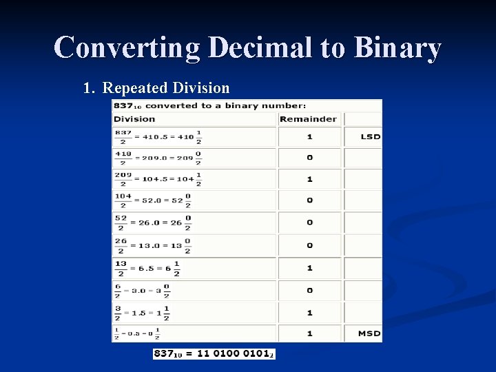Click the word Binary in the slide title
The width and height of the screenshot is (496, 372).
pos(397,48)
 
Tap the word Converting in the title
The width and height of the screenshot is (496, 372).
pos(127,48)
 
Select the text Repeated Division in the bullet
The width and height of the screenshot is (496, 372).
pos(165,88)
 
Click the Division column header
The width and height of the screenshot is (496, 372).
pos(134,118)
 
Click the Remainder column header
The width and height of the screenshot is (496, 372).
pos(308,118)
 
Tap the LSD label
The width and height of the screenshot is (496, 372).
pos(370,136)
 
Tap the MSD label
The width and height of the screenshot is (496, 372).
pos(369,333)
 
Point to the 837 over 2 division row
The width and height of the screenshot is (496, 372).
pos(158,136)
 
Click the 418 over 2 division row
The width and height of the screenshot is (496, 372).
pos(158,158)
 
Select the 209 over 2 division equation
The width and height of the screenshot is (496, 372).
pos(158,179)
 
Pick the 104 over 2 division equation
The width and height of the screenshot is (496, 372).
pos(152,200)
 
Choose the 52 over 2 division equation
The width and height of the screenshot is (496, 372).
pos(152,223)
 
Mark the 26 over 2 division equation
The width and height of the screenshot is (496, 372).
pos(152,245)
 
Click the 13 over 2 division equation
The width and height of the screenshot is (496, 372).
pos(147,268)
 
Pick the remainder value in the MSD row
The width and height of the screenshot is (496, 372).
pos(309,333)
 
